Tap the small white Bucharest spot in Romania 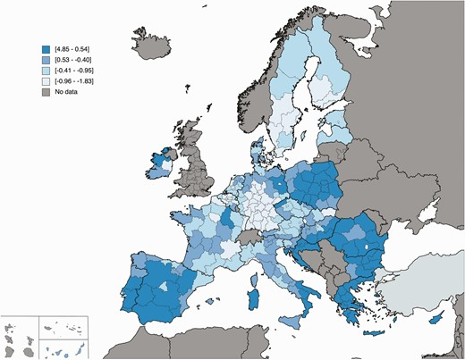tap(368, 244)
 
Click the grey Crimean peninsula tap(417, 220)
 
